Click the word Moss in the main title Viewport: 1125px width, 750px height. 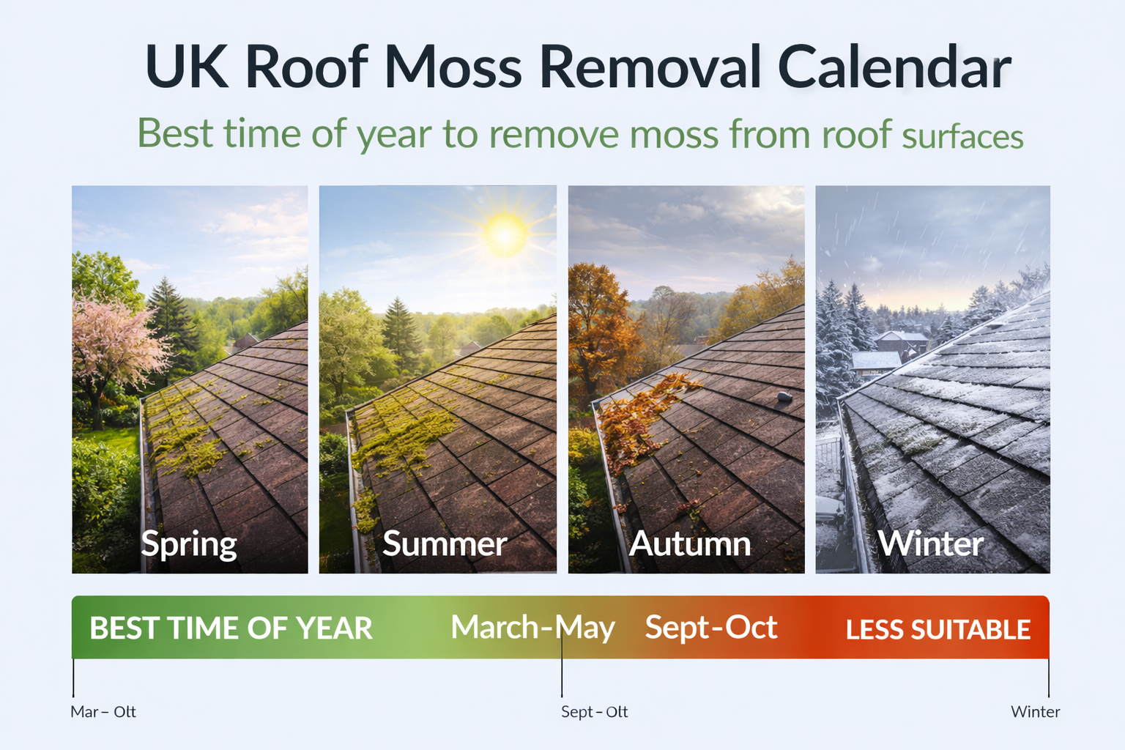[x=453, y=67]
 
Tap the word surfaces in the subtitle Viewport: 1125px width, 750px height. [x=962, y=137]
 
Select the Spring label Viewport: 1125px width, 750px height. [x=189, y=544]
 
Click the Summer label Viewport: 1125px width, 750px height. [x=445, y=544]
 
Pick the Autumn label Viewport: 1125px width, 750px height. [x=690, y=544]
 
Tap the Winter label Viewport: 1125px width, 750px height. [x=930, y=544]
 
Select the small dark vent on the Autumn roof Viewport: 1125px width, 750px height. [x=784, y=397]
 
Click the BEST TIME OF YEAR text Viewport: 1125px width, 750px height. [x=231, y=628]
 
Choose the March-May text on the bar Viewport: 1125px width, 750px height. [x=532, y=628]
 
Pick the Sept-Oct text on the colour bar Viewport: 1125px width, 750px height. [x=710, y=628]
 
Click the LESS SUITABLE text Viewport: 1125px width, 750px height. [x=937, y=630]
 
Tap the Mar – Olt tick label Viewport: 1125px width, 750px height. [x=103, y=712]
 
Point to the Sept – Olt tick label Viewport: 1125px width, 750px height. [x=594, y=712]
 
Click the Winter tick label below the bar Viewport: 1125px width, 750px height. [x=1035, y=712]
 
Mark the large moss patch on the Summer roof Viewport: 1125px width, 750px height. [x=403, y=436]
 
